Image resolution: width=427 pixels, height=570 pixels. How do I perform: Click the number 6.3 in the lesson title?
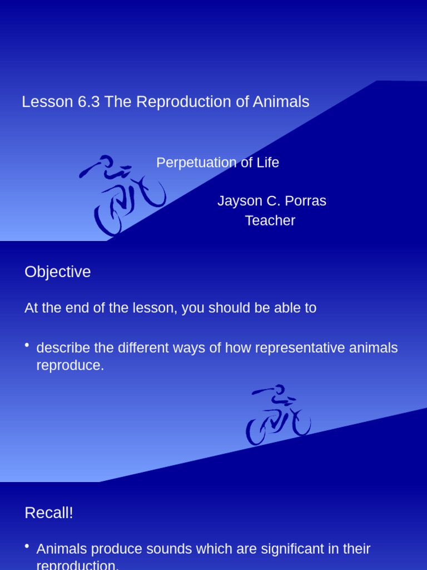[89, 102]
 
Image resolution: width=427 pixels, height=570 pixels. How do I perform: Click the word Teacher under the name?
[270, 220]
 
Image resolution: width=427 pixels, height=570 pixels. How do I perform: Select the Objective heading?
[57, 272]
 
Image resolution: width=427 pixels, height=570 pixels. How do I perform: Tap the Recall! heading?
[49, 513]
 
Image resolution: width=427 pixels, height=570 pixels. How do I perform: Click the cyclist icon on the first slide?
[122, 195]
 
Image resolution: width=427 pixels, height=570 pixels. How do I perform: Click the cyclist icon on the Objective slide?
[278, 415]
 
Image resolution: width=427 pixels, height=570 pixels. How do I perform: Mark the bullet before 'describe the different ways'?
[27, 346]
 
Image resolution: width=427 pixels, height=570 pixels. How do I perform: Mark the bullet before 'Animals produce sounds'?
[27, 547]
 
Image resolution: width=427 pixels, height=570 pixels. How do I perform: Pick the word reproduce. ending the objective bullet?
[70, 366]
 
